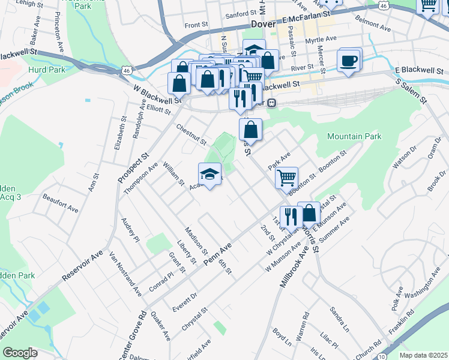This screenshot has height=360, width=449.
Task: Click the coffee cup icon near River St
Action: tap(349, 60)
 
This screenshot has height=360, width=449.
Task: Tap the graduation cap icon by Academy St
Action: tap(209, 175)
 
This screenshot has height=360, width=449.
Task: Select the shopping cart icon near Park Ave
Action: tap(287, 177)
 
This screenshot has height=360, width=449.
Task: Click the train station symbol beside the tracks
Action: tap(271, 103)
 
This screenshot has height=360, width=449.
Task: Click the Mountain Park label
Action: tap(354, 136)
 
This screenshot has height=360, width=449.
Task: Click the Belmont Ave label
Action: tap(373, 28)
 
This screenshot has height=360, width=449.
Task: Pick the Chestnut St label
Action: tap(191, 135)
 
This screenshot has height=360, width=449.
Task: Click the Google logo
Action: tap(20, 353)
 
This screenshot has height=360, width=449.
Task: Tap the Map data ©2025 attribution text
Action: tap(424, 355)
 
